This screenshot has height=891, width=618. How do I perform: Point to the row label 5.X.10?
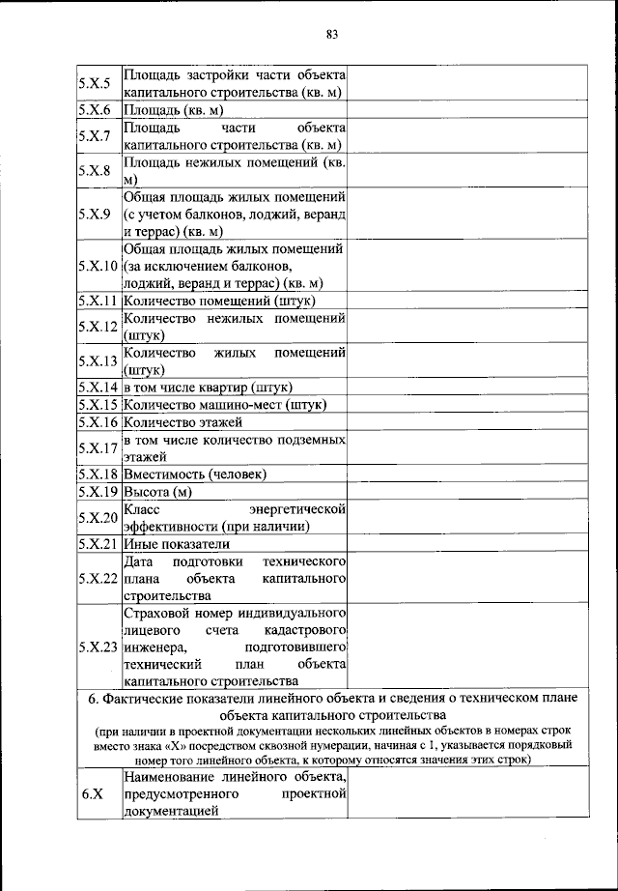point(98,265)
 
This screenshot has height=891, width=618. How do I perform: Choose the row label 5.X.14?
point(98,387)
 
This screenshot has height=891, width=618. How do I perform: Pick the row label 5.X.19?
point(98,492)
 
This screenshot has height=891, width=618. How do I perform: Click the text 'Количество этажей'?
point(183,422)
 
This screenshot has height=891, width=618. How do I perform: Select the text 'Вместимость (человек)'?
point(194,474)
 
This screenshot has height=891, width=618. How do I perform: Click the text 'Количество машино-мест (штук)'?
point(224,404)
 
